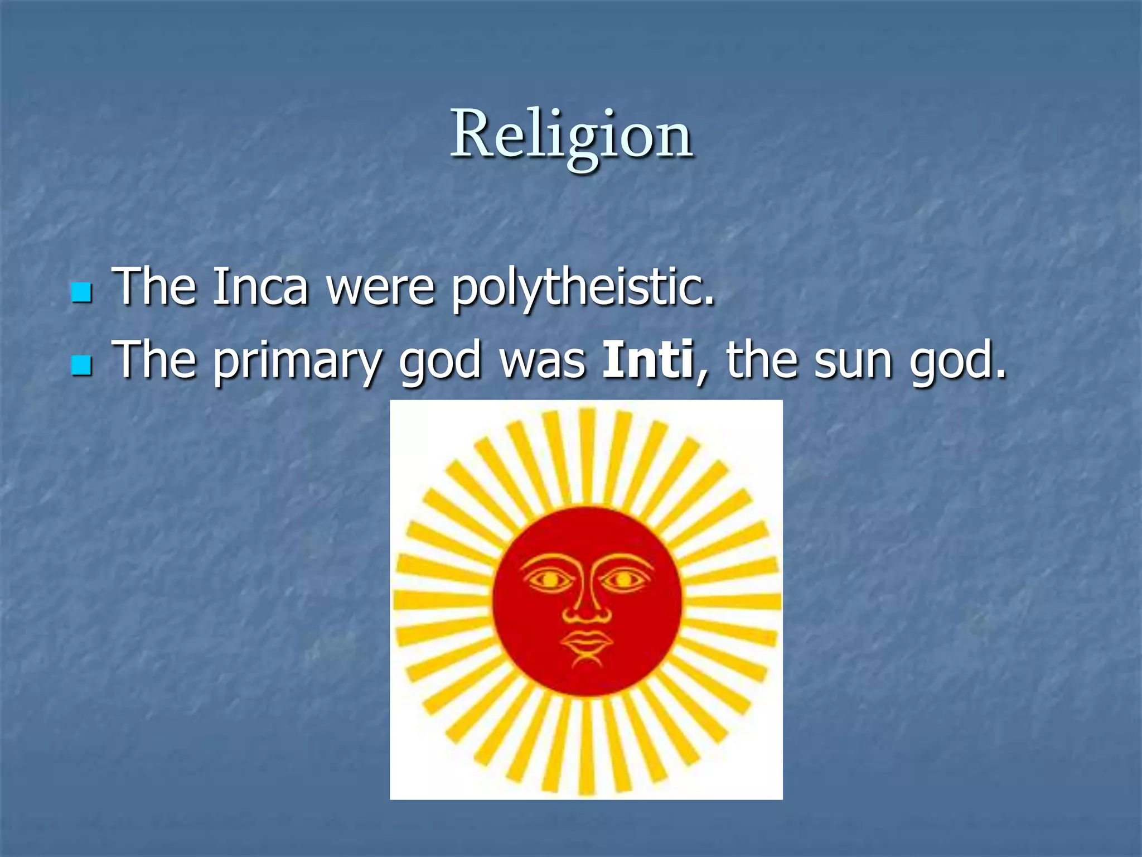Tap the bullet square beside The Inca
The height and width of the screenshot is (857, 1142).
click(x=81, y=292)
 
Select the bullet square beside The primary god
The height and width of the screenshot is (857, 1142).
click(x=81, y=365)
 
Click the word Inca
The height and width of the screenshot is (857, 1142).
click(x=260, y=287)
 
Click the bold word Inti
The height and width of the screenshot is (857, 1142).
click(x=647, y=360)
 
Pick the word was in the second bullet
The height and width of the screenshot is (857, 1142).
click(x=542, y=362)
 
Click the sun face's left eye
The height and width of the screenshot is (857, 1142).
click(x=549, y=580)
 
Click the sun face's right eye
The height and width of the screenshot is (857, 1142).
click(x=624, y=580)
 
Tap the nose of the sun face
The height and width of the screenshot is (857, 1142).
click(x=587, y=611)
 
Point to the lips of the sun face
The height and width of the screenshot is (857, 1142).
click(x=587, y=642)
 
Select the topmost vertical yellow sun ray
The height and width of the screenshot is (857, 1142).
click(x=586, y=455)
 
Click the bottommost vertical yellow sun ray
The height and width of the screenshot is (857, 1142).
click(x=586, y=748)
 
